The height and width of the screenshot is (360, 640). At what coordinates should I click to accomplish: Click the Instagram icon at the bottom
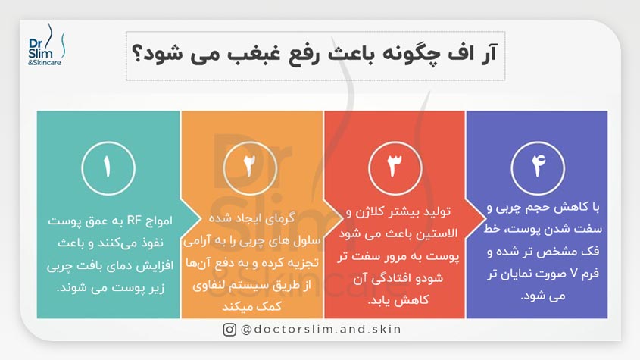tap(229, 329)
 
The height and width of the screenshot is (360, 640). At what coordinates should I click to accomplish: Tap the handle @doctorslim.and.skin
tap(321, 329)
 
